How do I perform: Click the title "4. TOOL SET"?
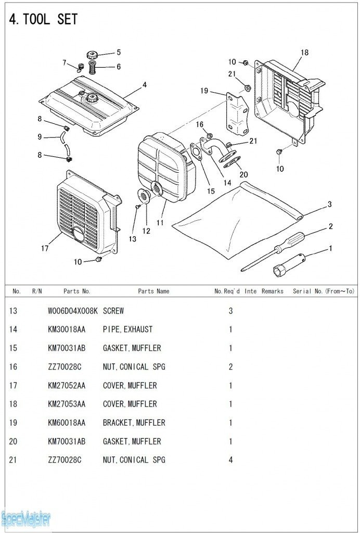(43, 20)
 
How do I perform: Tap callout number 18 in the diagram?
(304, 53)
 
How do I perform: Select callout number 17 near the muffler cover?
(45, 249)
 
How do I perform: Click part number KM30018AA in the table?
(67, 329)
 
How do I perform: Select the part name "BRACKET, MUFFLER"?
(134, 423)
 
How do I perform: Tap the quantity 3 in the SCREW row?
(230, 311)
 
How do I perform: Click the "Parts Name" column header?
(153, 291)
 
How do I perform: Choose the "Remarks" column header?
(273, 291)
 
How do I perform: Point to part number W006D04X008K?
(73, 311)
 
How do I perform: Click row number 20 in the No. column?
(14, 441)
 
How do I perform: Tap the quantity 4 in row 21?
(230, 460)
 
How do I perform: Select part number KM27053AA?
(67, 404)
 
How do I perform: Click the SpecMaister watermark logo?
(26, 518)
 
